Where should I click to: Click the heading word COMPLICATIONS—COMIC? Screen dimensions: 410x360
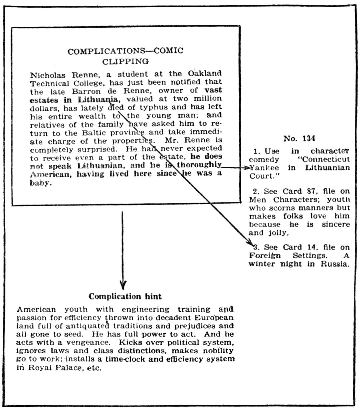(125, 51)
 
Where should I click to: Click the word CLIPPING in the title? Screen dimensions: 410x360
(125, 61)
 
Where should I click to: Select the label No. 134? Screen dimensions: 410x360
(299, 138)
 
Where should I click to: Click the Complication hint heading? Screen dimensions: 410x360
(125, 296)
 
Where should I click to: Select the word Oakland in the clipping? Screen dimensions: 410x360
(205, 73)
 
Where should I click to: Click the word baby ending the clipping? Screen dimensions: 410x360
(40, 183)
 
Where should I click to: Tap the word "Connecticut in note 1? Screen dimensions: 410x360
(323, 159)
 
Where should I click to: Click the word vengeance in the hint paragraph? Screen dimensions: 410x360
(88, 342)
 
